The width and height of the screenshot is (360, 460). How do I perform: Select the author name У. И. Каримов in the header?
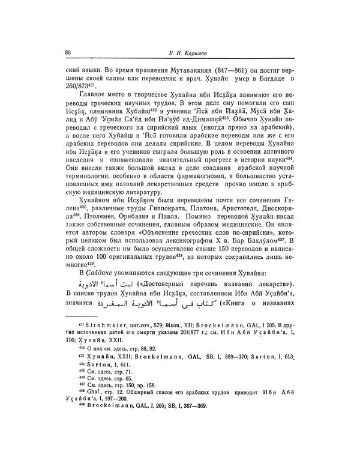click(184, 53)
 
